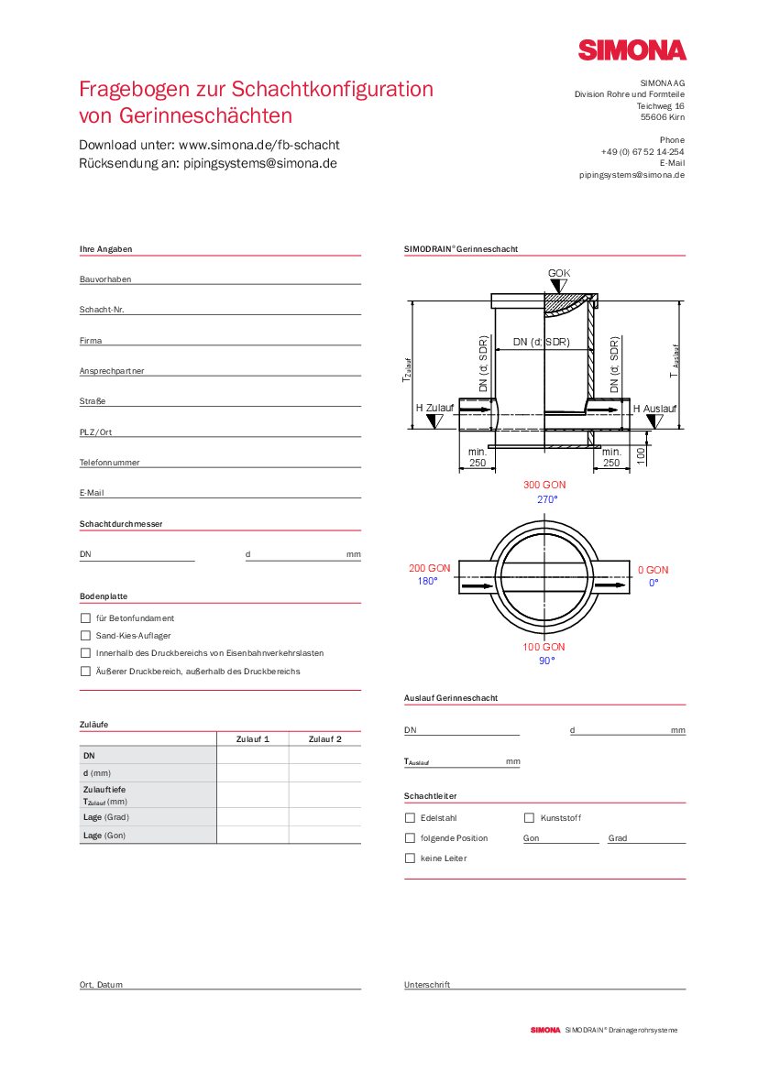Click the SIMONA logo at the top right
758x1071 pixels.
632,50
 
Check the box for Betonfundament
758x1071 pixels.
86,618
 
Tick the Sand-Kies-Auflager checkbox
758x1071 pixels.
86,636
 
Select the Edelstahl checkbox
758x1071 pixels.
410,818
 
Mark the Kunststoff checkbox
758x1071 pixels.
529,818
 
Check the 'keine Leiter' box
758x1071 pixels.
410,858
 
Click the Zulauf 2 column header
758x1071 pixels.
324,738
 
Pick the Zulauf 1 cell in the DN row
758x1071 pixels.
253,756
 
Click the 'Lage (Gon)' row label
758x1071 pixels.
104,836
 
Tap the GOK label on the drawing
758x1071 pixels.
559,273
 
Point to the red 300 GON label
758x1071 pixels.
544,485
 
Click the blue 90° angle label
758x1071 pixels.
546,661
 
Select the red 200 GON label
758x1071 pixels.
429,569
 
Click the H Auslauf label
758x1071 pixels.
654,409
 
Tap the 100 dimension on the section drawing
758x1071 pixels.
642,453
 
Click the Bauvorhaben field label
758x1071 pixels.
105,279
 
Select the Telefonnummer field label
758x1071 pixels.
109,463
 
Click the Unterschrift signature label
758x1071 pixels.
427,985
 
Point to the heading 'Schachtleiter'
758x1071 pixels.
430,796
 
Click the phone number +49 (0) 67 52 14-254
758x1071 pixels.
643,152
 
